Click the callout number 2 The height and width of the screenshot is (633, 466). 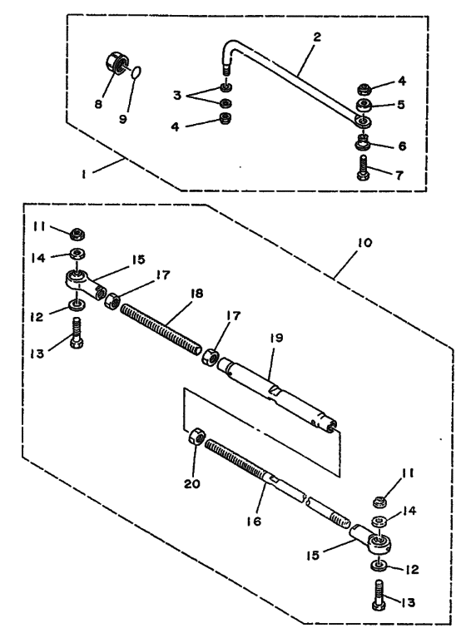click(317, 37)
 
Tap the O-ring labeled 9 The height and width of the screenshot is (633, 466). click(136, 72)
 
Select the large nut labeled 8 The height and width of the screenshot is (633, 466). click(116, 63)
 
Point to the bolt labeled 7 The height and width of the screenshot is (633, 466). click(363, 167)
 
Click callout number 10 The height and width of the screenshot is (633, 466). click(364, 243)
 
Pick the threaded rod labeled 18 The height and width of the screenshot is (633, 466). click(161, 330)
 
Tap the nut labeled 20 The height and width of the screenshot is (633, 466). click(197, 438)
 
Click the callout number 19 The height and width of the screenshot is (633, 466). click(276, 337)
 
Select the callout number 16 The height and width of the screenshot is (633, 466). click(254, 522)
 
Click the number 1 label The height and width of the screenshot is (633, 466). click(83, 175)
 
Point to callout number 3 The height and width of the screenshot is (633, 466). click(177, 96)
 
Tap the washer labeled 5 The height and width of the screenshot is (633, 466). click(364, 106)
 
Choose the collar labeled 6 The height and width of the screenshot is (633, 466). click(364, 142)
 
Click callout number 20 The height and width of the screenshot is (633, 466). click(192, 483)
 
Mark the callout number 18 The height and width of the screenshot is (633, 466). click(196, 294)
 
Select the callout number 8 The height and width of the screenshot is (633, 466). click(98, 104)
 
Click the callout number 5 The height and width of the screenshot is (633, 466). click(400, 105)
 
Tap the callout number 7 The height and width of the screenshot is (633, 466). click(399, 176)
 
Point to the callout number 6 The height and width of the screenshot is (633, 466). click(402, 146)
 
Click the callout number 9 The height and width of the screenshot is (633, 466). click(123, 119)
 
